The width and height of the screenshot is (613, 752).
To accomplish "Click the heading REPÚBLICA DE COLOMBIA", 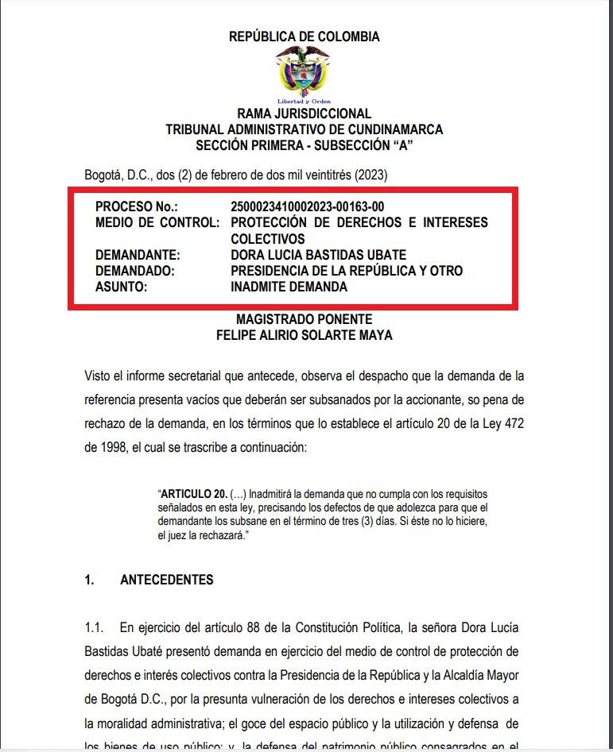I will tap(305, 37).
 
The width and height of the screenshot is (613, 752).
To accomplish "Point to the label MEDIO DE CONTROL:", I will tap(157, 222).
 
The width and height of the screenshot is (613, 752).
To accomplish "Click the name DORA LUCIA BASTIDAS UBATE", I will tap(318, 255).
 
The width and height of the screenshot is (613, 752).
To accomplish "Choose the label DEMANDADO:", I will tap(134, 271).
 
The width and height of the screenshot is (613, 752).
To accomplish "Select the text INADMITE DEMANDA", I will tap(289, 287).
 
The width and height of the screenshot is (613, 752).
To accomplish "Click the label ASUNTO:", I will tap(122, 287).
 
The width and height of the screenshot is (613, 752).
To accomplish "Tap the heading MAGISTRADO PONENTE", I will tap(304, 319).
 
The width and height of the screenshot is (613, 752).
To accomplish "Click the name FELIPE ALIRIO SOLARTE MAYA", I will tap(304, 335).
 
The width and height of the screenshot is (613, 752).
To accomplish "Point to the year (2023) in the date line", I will tap(371, 175).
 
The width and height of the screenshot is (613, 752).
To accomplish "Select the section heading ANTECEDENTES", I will tap(167, 580).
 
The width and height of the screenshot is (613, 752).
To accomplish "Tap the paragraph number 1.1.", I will tap(95, 628).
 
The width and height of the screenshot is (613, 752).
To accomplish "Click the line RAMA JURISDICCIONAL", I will tap(304, 114).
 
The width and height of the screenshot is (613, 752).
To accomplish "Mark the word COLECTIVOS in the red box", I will tap(268, 238).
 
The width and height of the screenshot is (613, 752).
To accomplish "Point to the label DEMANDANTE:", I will tap(138, 255).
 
